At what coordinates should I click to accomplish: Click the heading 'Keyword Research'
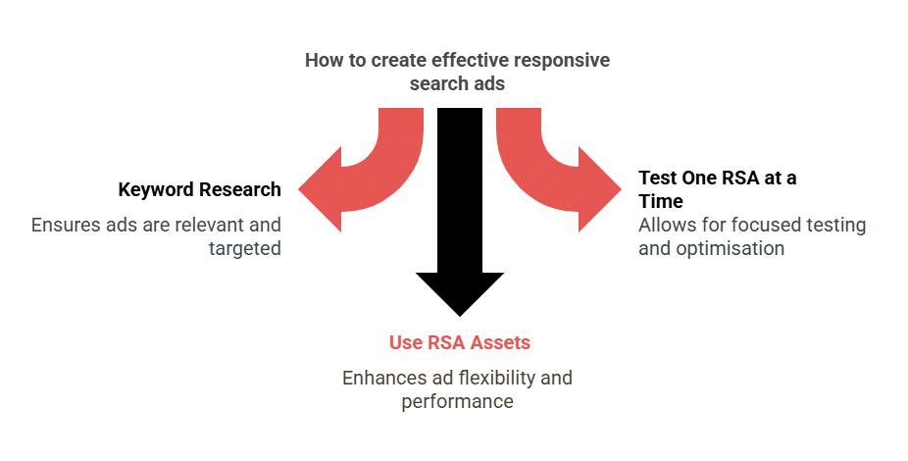point(199,189)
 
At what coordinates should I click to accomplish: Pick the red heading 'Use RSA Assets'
point(459,342)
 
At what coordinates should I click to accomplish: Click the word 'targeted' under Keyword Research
point(244,248)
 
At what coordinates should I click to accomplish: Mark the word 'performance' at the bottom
point(457,401)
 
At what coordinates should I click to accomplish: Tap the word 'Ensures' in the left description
point(65,225)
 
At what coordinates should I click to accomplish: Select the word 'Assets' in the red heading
point(498,342)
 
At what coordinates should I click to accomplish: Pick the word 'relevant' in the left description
point(208,225)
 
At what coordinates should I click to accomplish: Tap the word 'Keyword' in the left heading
point(155,189)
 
